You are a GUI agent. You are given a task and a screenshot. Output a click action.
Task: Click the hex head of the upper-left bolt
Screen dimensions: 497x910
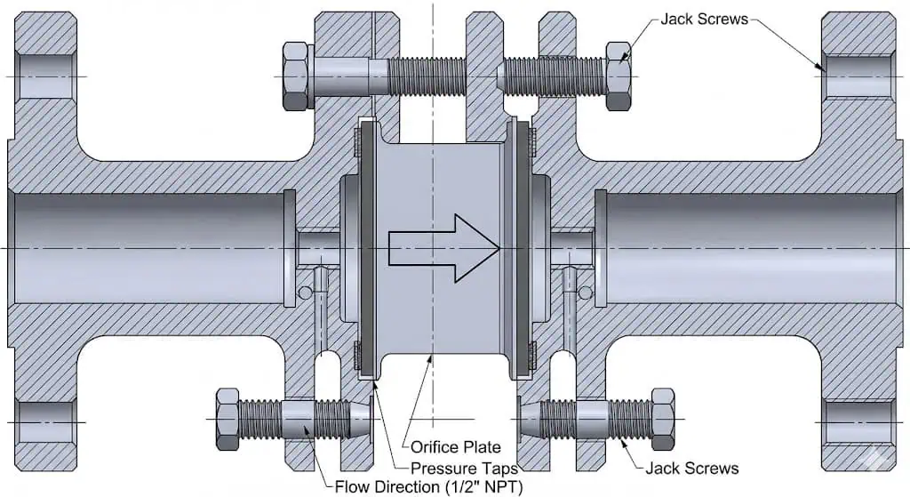tap(295, 76)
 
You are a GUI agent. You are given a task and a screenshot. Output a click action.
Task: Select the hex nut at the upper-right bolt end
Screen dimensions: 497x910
tap(619, 76)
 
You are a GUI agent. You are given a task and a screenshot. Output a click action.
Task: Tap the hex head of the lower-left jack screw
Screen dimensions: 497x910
tap(227, 419)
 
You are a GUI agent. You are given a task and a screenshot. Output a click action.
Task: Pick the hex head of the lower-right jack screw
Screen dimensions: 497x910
tap(663, 419)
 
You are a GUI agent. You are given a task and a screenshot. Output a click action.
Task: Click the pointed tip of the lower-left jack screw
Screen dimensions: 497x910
tap(359, 419)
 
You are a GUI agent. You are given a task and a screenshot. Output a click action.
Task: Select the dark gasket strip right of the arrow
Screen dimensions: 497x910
tap(523, 247)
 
